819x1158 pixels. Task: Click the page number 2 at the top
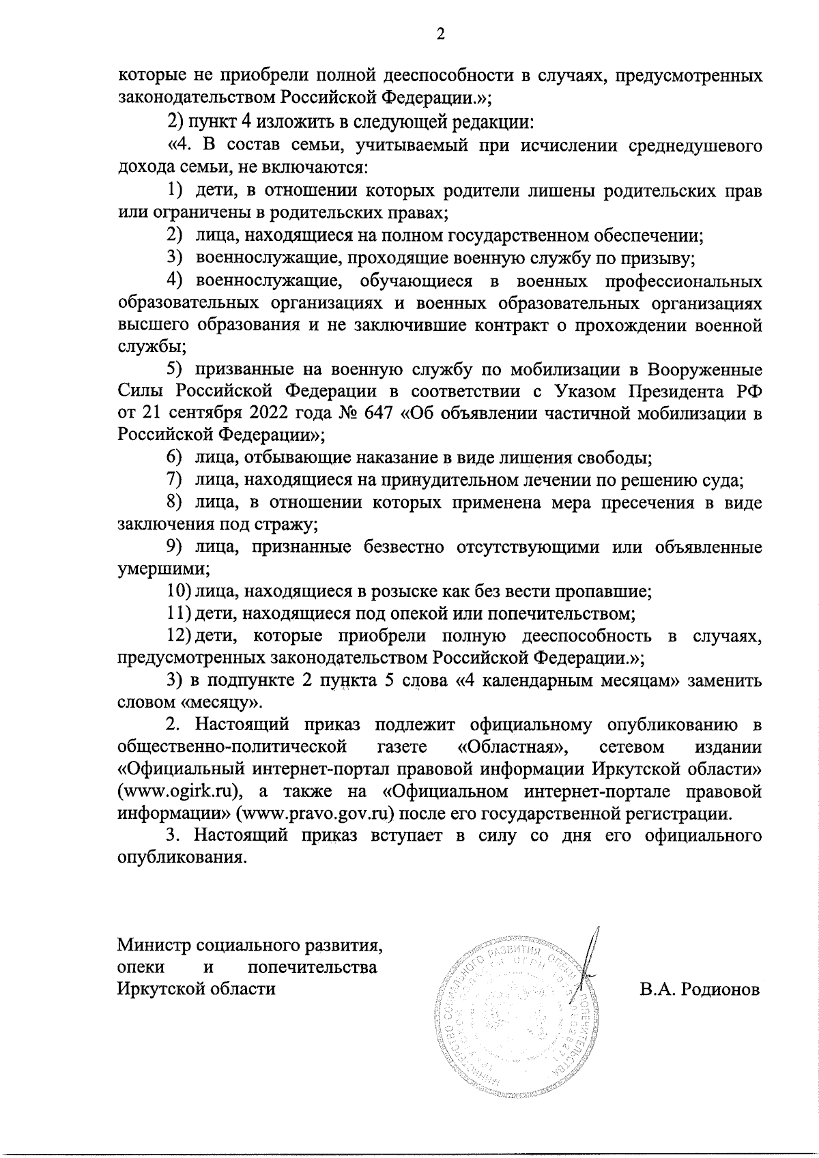(x=440, y=35)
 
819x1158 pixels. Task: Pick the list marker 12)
(x=179, y=636)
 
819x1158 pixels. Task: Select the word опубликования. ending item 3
(x=182, y=857)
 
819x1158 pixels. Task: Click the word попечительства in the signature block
(x=313, y=967)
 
